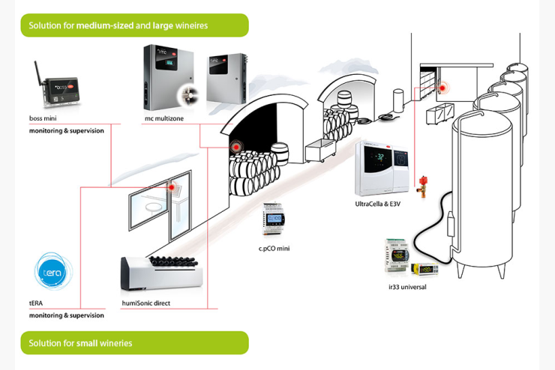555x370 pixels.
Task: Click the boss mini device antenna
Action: pos(37,74)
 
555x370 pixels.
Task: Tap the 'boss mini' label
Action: pos(43,118)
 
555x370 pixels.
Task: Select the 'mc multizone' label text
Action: pos(164,118)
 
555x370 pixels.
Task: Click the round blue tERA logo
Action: pos(53,271)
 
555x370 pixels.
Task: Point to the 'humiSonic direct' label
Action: pos(145,303)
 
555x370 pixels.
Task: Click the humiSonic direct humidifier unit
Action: pos(161,273)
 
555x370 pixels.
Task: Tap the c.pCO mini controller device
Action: pos(273,219)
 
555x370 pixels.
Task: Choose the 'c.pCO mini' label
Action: pos(274,249)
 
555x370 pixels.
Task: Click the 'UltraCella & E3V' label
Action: pos(378,204)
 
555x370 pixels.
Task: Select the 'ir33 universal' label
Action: pos(407,287)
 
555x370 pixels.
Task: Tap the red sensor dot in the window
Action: pos(172,187)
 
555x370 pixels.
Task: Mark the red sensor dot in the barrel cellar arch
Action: pos(235,146)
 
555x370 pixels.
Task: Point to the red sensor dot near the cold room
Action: pos(442,88)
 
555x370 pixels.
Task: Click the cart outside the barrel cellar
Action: pos(320,150)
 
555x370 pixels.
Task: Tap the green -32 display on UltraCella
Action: pos(379,157)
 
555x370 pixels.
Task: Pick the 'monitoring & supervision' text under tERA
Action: pos(67,315)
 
